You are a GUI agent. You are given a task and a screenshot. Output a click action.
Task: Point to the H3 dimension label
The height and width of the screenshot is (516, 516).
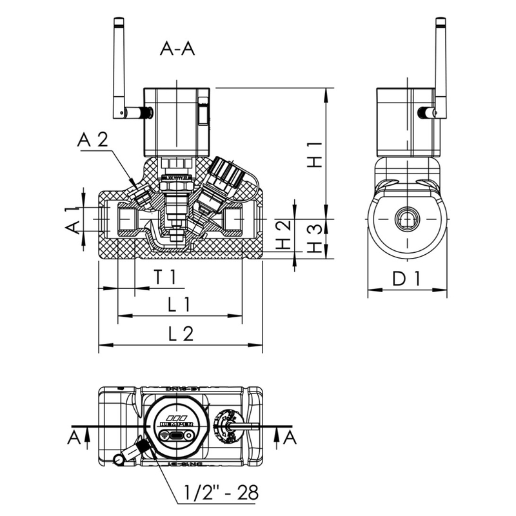(x=313, y=239)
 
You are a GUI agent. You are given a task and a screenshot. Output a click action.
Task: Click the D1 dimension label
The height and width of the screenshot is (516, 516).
(x=407, y=279)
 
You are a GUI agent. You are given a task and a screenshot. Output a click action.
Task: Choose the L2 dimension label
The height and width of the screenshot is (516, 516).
(x=181, y=333)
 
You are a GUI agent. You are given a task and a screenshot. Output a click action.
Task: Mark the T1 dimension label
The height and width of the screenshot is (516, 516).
(x=164, y=275)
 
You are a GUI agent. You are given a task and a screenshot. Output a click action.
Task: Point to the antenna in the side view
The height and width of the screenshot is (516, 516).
(x=441, y=64)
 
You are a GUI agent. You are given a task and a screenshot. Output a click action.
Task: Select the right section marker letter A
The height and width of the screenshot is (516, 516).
(x=290, y=439)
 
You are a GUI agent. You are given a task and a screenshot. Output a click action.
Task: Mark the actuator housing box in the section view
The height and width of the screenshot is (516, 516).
(x=175, y=121)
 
